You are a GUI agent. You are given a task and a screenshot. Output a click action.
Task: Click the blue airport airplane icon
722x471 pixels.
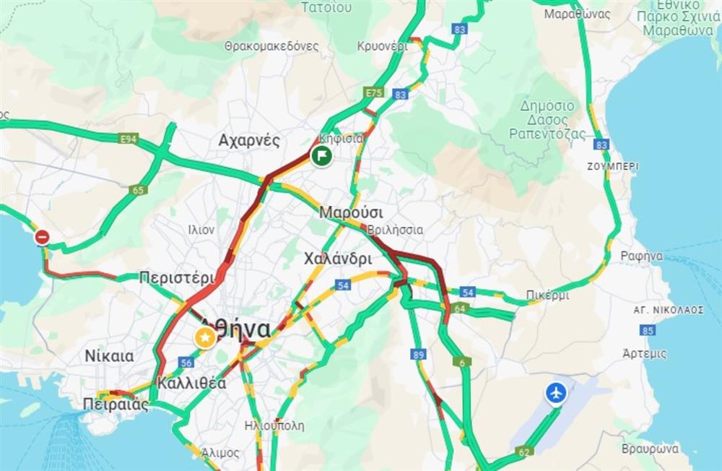(x=555, y=394)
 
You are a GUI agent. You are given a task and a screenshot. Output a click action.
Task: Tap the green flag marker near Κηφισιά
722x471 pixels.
(x=321, y=155)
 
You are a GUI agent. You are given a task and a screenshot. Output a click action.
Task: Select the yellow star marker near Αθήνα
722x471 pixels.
(x=206, y=337)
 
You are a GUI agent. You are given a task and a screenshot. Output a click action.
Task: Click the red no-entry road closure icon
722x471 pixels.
(x=43, y=237)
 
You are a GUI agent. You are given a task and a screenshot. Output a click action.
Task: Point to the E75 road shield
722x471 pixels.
(x=373, y=93)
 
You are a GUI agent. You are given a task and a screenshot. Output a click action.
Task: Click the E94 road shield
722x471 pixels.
(x=130, y=139)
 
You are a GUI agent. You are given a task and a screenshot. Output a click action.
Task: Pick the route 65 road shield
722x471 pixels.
(x=137, y=191)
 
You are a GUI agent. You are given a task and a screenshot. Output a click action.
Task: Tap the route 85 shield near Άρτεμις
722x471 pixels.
(x=647, y=330)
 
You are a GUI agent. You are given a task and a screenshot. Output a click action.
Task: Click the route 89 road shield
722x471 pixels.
(x=418, y=354)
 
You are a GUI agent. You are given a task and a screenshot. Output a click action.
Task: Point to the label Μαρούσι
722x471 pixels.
(x=351, y=213)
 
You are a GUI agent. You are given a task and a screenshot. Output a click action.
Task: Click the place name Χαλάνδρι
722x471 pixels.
(x=338, y=258)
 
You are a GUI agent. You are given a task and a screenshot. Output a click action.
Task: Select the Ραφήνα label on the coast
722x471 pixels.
(x=641, y=255)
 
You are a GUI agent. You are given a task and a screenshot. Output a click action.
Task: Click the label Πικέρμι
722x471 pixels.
(x=547, y=295)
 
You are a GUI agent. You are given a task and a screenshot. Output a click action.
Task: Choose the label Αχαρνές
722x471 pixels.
(x=248, y=140)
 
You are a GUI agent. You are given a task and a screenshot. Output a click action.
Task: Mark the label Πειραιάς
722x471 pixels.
(x=116, y=404)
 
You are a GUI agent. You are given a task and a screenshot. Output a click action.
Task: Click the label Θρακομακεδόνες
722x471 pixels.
(x=271, y=46)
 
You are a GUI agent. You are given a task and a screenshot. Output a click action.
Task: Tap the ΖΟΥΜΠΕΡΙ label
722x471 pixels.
(x=613, y=165)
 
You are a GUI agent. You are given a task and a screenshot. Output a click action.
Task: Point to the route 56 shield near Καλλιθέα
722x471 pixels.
(x=187, y=363)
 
